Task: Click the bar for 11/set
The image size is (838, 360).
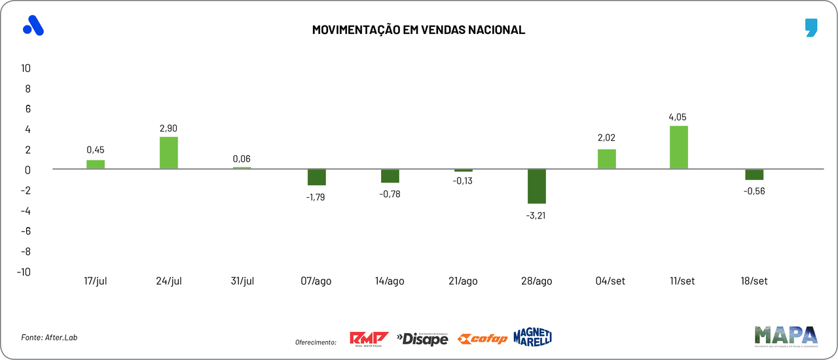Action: pos(679,147)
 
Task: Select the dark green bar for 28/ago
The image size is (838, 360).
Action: pos(537,187)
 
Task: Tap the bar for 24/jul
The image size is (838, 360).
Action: pos(169,153)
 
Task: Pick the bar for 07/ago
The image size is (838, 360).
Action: pos(317,177)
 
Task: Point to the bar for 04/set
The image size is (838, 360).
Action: pos(607,159)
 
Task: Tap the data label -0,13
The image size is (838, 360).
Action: pos(463,181)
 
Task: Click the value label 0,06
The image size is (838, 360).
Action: pos(242,158)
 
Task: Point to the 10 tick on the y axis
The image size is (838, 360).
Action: pos(26,68)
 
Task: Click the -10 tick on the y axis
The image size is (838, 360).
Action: pos(24,272)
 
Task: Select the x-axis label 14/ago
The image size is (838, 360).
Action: pos(390,281)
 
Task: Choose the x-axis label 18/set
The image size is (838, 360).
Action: pos(753,281)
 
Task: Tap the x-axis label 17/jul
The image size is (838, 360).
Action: pos(96,281)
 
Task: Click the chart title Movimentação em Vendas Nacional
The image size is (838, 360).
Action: pos(418,30)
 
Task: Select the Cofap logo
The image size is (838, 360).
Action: pos(483,339)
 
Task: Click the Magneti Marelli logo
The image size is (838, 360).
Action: pos(533,336)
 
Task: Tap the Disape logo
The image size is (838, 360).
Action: pos(422,338)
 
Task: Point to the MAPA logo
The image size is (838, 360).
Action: pos(785,336)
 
